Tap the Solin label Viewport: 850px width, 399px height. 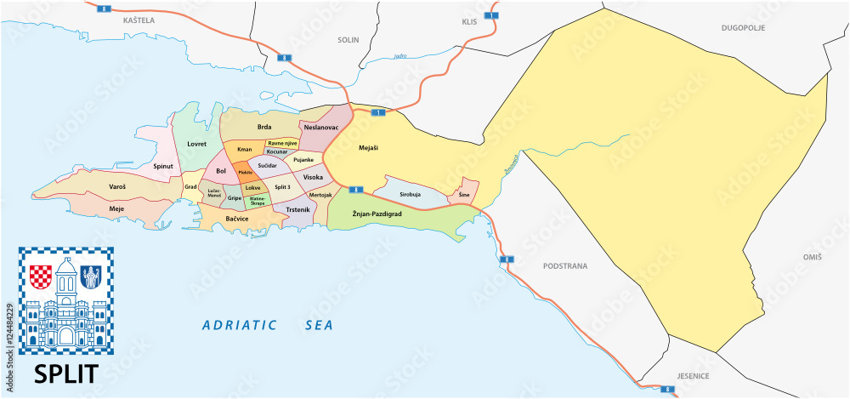[x=348, y=39]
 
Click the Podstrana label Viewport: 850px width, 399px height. [x=565, y=265]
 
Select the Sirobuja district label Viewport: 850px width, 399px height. [x=410, y=194]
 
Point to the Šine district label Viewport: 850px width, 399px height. [x=463, y=195]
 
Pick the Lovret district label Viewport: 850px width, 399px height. [x=197, y=145]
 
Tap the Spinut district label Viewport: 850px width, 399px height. [x=162, y=167]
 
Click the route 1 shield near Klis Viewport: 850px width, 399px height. [x=490, y=15]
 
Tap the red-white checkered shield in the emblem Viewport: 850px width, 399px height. [x=41, y=276]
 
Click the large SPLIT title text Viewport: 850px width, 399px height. [x=65, y=373]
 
